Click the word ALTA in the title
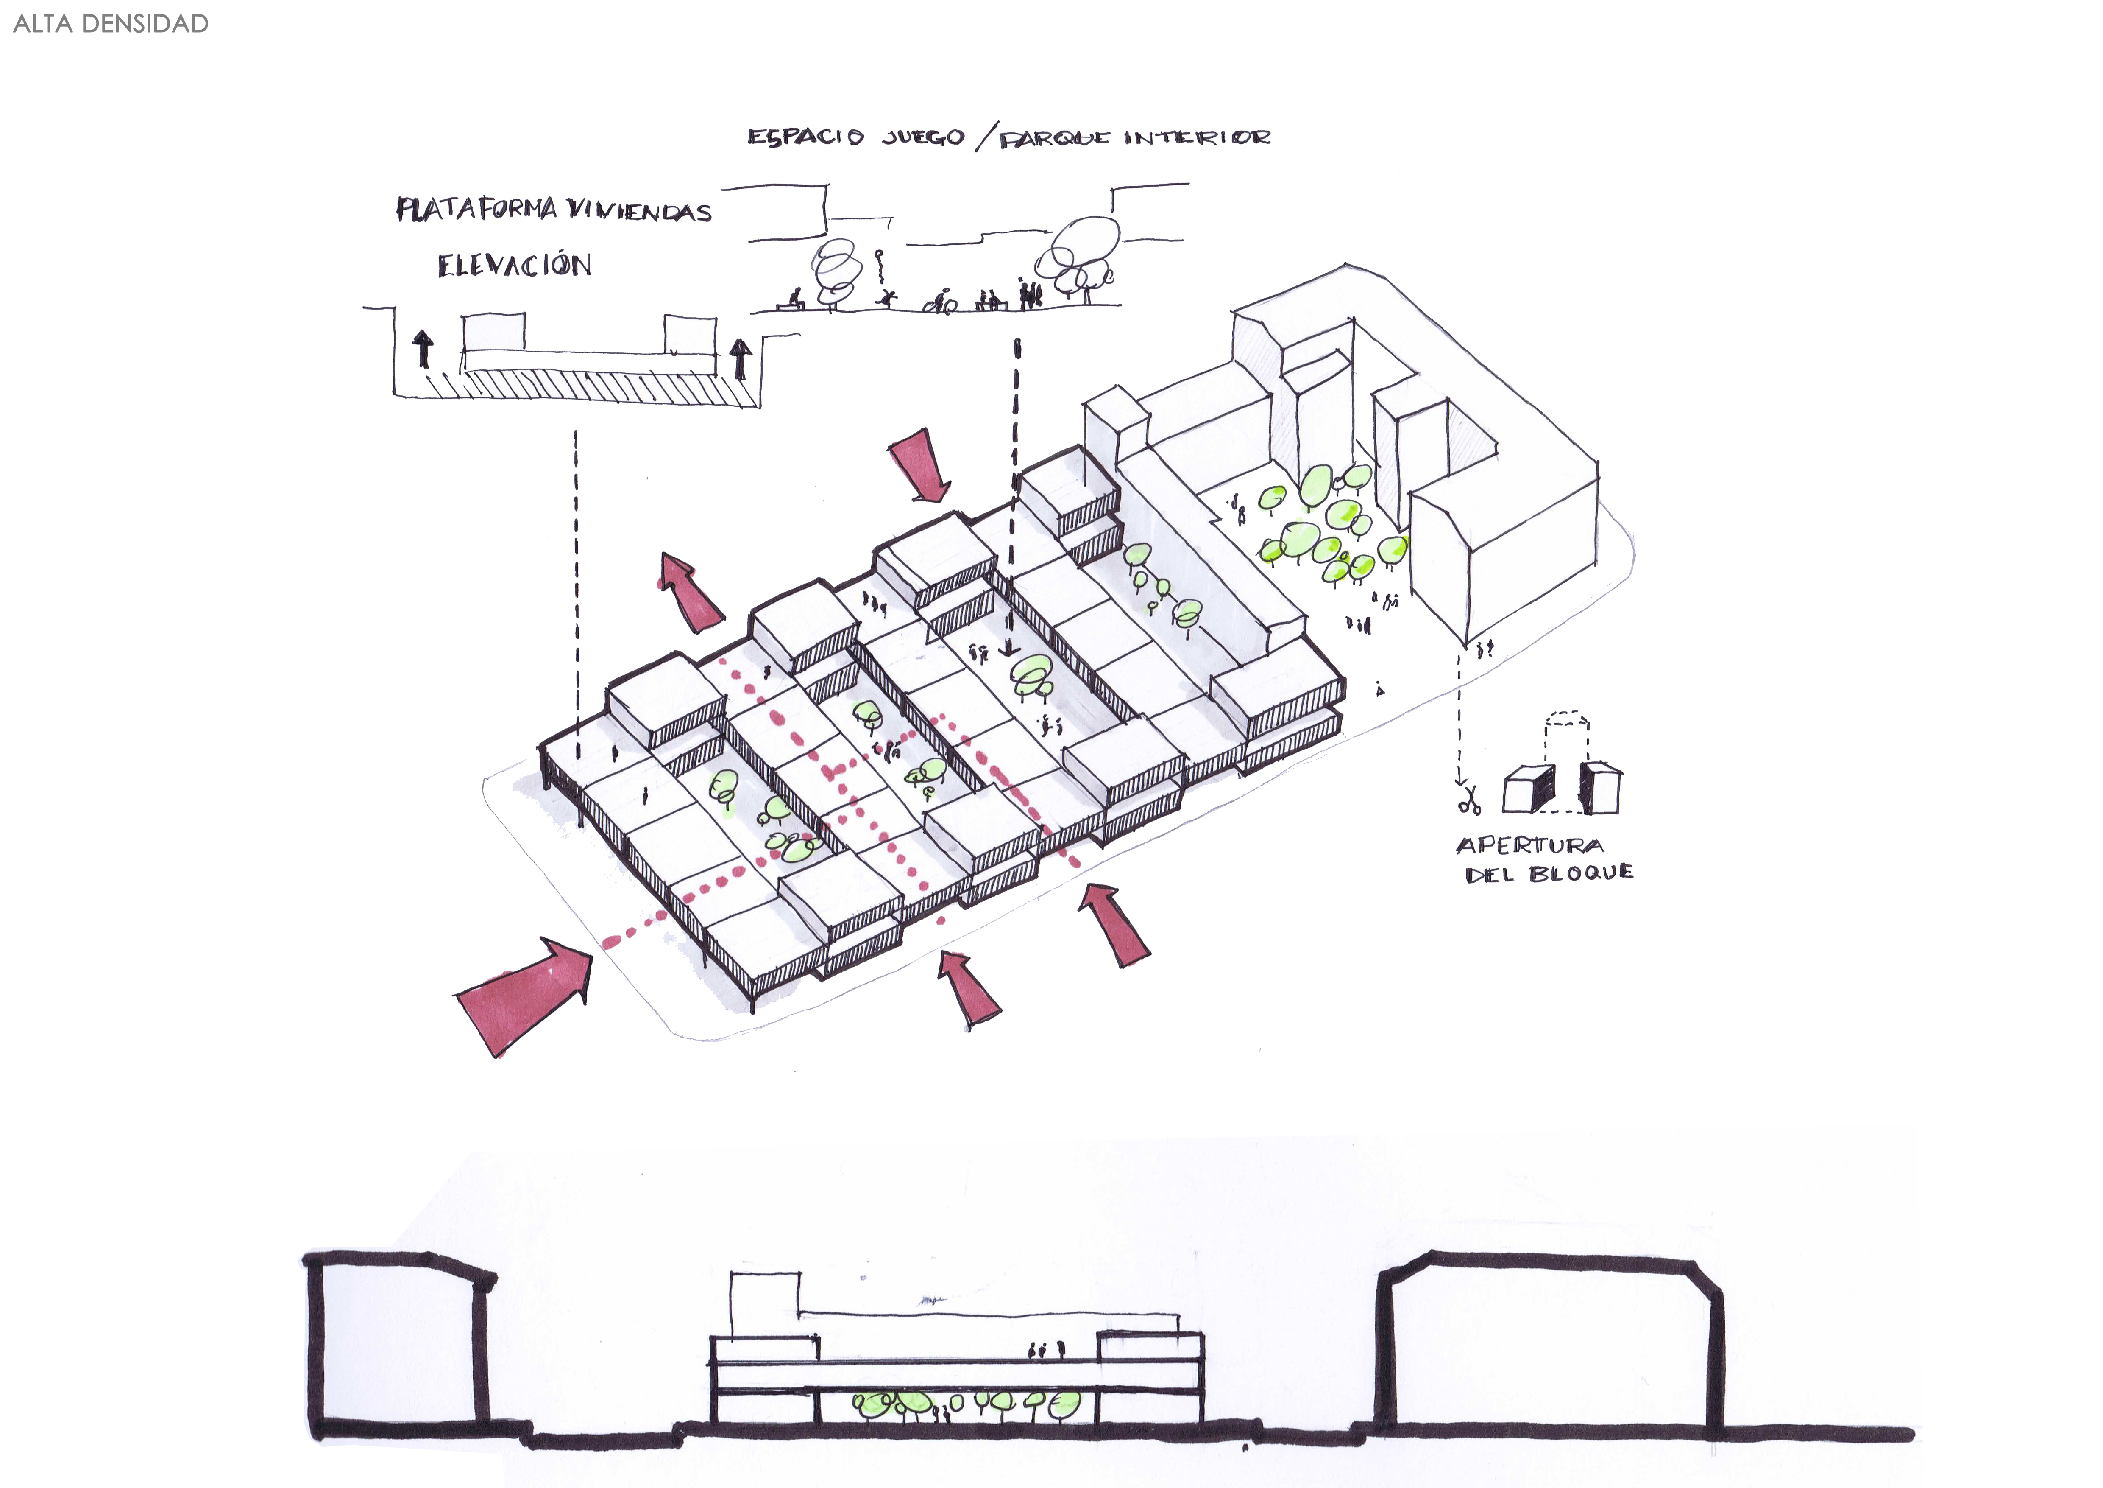[x=43, y=24]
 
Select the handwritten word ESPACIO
[x=805, y=137]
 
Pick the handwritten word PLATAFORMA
[x=476, y=209]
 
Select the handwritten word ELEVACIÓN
[x=514, y=266]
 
